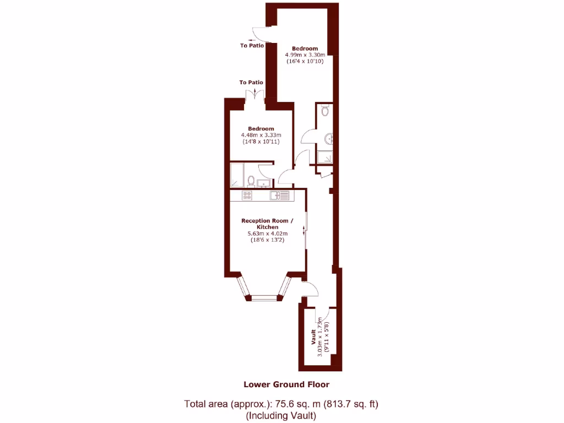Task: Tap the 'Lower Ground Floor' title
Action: [286, 384]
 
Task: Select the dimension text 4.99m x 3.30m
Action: [305, 55]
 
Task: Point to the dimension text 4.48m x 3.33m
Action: [262, 135]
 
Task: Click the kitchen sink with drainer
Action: [279, 195]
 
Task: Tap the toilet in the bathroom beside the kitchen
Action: [251, 181]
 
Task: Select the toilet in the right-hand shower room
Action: [325, 112]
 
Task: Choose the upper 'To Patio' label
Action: [252, 46]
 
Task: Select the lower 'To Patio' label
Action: [251, 82]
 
